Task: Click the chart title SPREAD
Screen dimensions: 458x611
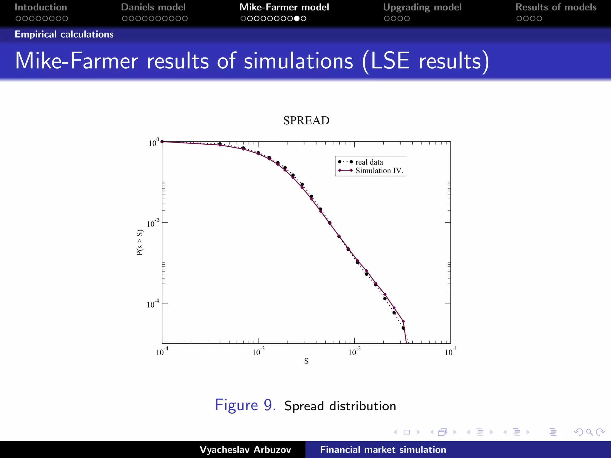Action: [x=306, y=120]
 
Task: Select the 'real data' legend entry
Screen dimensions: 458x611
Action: [x=369, y=162]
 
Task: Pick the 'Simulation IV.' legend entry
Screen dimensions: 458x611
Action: [x=379, y=171]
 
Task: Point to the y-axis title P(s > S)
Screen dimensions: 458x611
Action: [x=140, y=242]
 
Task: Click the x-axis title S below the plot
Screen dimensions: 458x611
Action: [x=306, y=361]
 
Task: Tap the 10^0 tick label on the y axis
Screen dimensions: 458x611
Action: [x=153, y=143]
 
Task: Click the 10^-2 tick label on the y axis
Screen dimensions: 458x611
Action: [x=153, y=223]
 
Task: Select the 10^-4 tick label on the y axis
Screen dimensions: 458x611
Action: [x=153, y=304]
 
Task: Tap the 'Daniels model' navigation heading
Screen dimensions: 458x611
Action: [x=153, y=7]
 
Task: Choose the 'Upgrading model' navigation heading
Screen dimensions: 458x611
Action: [x=422, y=7]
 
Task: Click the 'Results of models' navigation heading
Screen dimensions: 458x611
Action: [x=556, y=7]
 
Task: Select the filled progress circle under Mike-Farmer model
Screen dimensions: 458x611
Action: [x=297, y=18]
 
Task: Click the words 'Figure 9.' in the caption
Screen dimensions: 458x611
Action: [x=245, y=405]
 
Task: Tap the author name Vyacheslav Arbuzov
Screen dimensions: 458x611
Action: [x=245, y=450]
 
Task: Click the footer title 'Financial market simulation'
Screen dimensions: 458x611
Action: [x=383, y=450]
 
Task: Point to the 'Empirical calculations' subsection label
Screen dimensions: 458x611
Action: [x=64, y=34]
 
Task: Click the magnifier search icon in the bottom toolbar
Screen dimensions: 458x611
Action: [x=589, y=432]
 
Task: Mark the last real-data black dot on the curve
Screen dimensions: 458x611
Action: [x=403, y=328]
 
